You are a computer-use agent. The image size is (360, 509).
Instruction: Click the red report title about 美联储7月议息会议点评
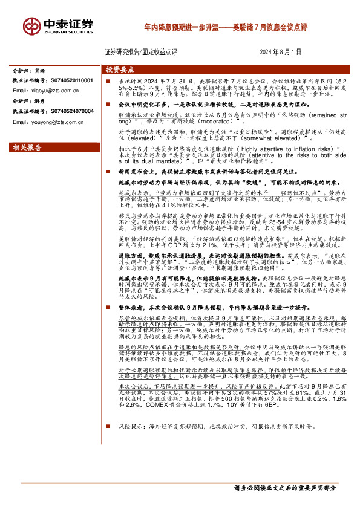pos(226,28)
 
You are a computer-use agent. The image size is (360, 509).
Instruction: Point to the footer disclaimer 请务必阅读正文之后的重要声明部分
pos(284,487)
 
